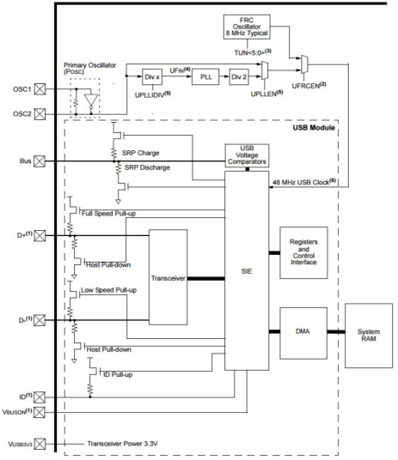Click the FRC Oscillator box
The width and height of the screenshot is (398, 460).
click(247, 27)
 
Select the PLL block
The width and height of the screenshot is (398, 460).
click(205, 77)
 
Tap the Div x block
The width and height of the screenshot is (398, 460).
click(152, 77)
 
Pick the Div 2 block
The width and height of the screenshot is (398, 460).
click(239, 77)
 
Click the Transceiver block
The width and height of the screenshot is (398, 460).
click(168, 277)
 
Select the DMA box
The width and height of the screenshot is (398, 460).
click(303, 333)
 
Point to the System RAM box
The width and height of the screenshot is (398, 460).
click(369, 336)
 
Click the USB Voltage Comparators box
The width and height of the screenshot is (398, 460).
click(247, 155)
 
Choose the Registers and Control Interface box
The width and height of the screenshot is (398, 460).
click(303, 252)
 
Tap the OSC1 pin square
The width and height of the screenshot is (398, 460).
click(40, 89)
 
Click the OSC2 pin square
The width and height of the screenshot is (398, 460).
click(40, 114)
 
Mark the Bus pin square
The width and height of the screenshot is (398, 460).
click(40, 161)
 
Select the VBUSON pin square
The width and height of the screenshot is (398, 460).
click(40, 412)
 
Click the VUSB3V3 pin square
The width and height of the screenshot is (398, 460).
click(40, 444)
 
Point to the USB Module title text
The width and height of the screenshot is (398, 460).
click(314, 128)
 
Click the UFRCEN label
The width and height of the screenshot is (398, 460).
click(309, 86)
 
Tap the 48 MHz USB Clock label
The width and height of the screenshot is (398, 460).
click(304, 182)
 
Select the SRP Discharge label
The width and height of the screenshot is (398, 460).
click(147, 167)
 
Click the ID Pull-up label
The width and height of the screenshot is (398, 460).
click(118, 375)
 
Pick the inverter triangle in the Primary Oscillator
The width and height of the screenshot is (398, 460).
click(91, 100)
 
